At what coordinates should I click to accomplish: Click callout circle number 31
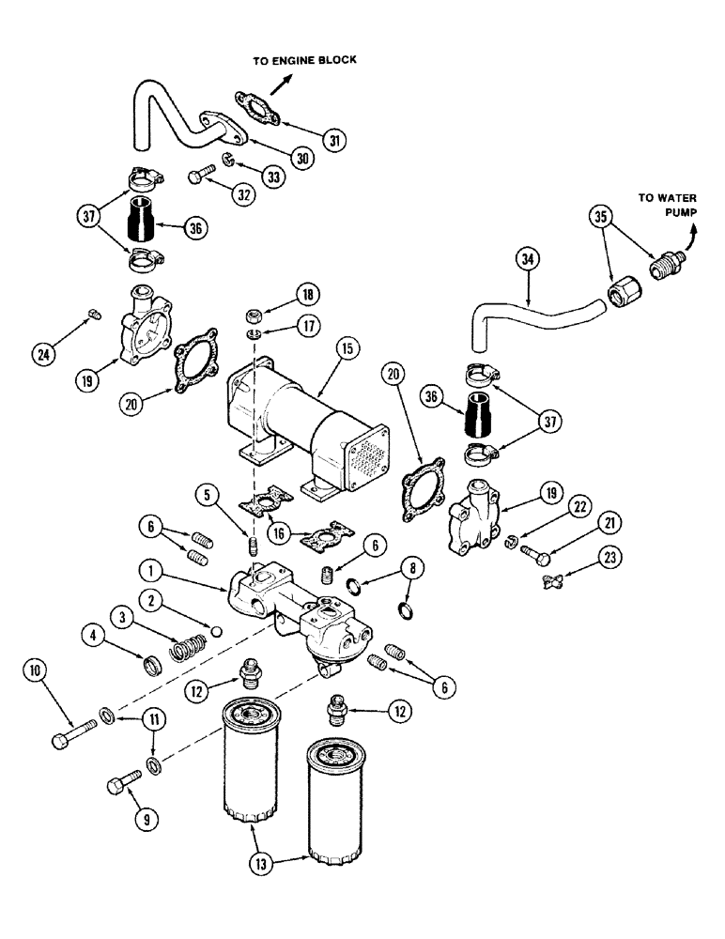click(x=333, y=140)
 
